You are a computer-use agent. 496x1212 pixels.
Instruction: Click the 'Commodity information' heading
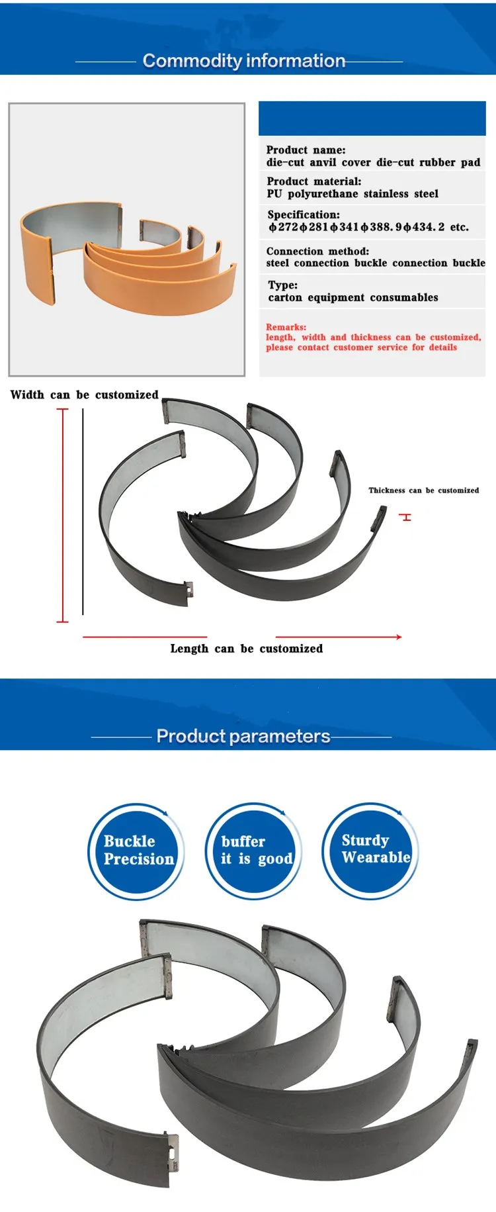[244, 61]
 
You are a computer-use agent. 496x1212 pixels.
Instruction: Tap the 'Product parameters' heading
[243, 736]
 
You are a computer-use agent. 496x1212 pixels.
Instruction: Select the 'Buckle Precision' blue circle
[136, 851]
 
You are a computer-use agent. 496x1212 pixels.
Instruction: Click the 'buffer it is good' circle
[254, 851]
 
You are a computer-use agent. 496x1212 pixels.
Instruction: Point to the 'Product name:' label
[306, 150]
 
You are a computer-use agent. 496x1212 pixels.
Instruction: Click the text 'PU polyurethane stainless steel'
[352, 194]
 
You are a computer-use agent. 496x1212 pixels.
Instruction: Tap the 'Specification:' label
[304, 214]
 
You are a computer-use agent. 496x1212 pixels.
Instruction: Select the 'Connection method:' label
[317, 251]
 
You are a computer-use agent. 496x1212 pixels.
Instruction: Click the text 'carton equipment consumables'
[353, 298]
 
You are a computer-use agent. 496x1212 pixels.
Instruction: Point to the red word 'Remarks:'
[286, 327]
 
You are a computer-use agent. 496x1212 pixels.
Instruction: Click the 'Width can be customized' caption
[85, 395]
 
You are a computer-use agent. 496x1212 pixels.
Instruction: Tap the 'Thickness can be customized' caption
[423, 490]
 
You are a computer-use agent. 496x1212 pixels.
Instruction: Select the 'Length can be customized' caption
[247, 649]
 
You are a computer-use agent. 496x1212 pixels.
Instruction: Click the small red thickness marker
[406, 517]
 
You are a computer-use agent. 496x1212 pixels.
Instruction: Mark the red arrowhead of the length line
[399, 637]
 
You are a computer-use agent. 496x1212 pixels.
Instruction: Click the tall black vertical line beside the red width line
[83, 511]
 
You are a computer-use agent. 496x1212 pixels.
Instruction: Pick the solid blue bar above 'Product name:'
[372, 118]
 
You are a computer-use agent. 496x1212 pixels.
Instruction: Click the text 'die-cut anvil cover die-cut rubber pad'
[373, 163]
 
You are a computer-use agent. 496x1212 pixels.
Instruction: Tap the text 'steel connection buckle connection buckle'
[375, 263]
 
